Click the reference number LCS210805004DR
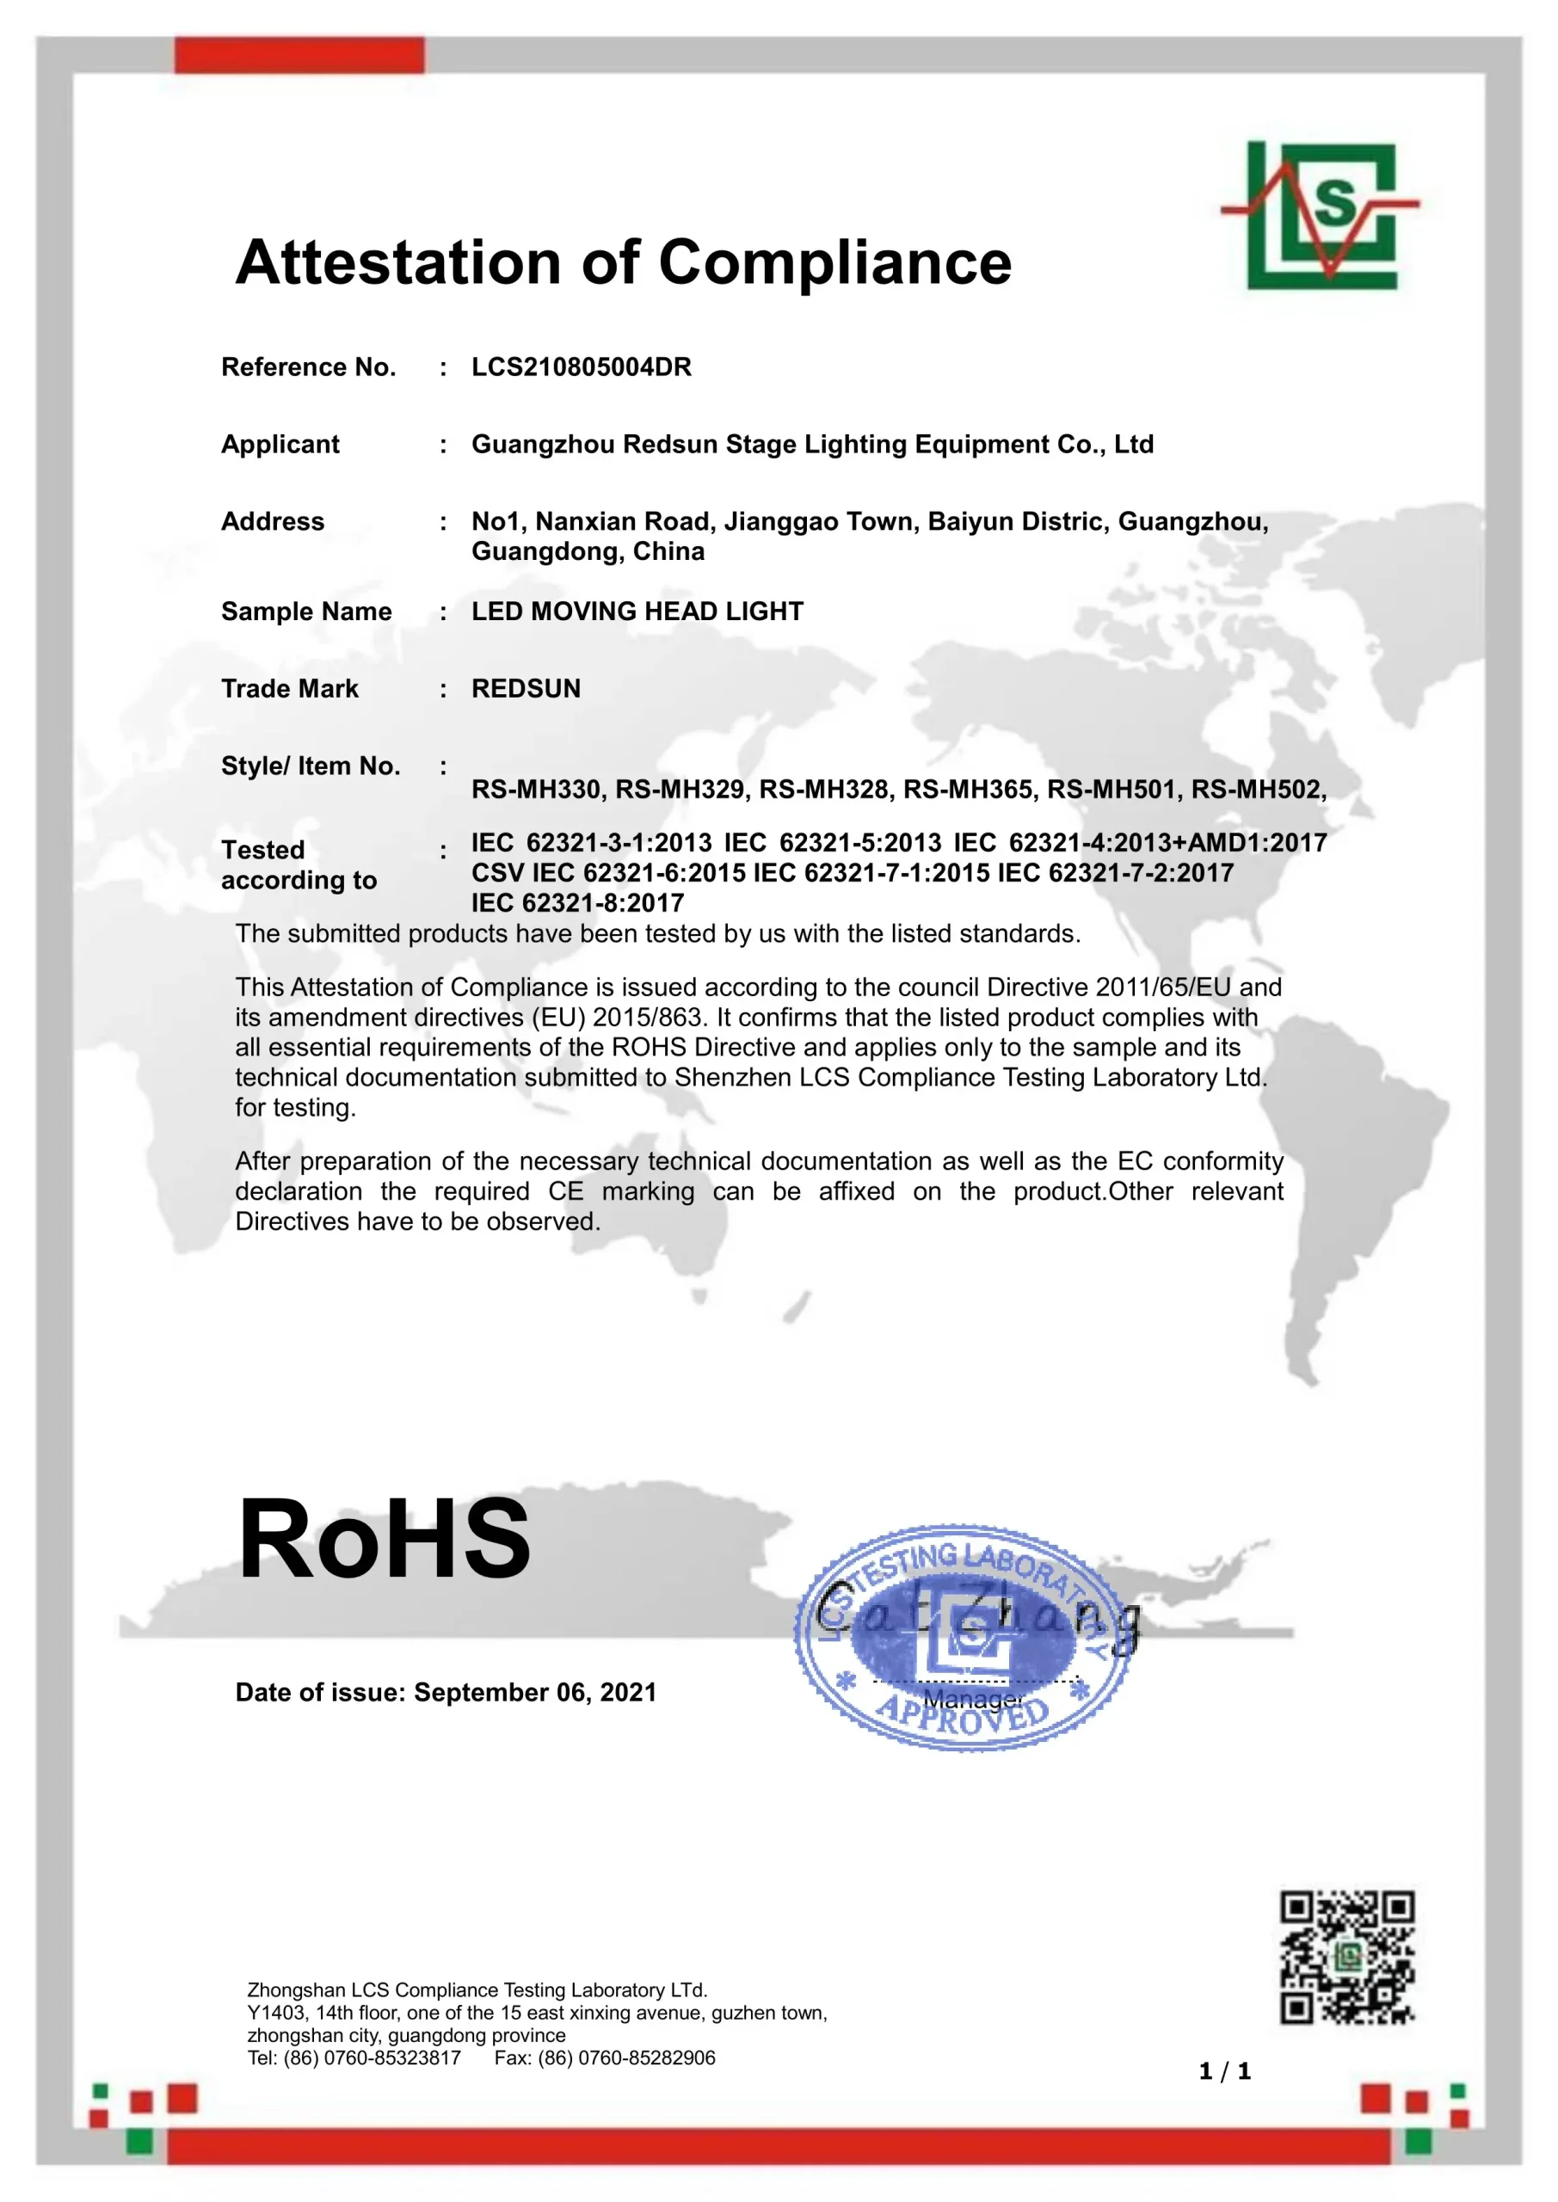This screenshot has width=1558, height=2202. click(582, 367)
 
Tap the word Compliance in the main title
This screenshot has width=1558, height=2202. click(834, 263)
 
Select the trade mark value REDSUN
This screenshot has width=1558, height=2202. click(526, 689)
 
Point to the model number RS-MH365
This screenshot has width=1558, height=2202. click(968, 790)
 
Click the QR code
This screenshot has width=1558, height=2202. click(1347, 1957)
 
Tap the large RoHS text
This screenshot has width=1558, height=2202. click(384, 1540)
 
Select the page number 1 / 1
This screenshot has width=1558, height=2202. click(1225, 2071)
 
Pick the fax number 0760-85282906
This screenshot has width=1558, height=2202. click(647, 2057)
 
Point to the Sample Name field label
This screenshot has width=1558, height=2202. click(306, 612)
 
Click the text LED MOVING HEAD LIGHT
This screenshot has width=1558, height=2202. click(637, 612)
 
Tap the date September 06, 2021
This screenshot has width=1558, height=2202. click(535, 1692)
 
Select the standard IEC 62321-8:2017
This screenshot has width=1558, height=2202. click(577, 902)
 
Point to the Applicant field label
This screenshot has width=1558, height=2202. click(280, 444)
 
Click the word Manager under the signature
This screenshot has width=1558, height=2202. click(973, 1700)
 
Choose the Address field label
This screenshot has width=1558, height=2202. click(273, 522)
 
